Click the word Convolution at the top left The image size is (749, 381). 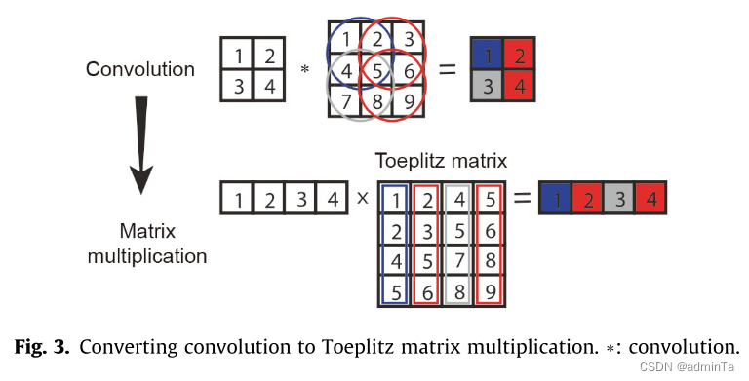click(140, 69)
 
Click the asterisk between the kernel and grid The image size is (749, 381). click(304, 70)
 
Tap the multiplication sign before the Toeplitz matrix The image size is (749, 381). click(362, 200)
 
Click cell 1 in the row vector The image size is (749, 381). click(237, 200)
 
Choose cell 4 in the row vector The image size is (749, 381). click(331, 200)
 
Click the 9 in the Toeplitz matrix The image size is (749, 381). click(490, 289)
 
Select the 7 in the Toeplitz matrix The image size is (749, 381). click(458, 260)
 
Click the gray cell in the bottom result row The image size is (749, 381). click(620, 200)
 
